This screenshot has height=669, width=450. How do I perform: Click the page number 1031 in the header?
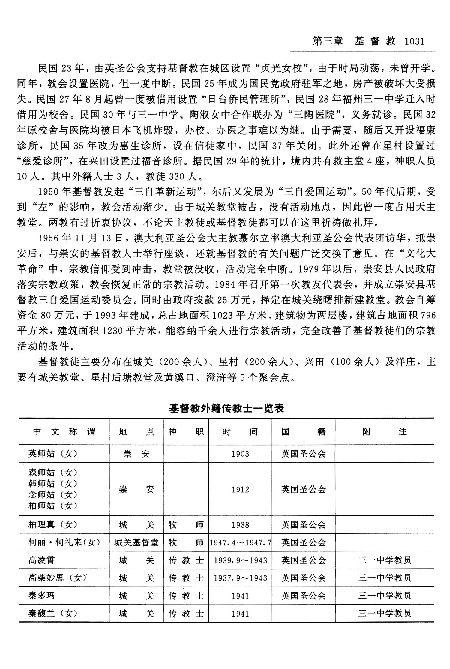coord(415,41)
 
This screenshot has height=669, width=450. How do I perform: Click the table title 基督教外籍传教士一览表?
coord(226,408)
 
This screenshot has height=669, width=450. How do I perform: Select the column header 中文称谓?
coord(64,432)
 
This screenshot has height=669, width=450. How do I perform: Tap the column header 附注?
coord(384,432)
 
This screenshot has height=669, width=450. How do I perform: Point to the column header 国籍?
coord(303,432)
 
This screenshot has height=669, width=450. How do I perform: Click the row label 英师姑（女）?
coord(53,454)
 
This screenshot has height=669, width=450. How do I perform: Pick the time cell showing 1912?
coord(240,490)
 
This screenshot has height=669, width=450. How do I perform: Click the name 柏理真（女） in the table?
coord(53,525)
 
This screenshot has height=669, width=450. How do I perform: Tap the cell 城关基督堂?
coord(136,542)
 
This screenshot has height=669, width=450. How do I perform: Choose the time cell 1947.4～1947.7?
coord(240,543)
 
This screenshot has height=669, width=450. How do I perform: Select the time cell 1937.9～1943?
coord(240,578)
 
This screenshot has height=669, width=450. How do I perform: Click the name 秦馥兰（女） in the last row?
coord(53,613)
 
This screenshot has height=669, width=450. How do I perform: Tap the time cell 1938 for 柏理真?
coord(240,525)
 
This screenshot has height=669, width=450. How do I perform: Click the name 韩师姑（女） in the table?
coord(53,483)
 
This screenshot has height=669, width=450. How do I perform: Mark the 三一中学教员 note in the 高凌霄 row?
coord(384,560)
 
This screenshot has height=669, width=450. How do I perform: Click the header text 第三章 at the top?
coord(327,41)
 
